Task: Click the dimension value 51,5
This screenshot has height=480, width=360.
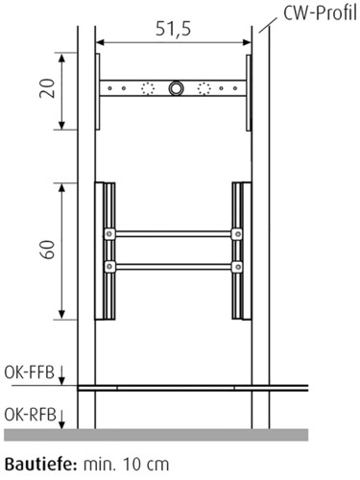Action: (173, 29)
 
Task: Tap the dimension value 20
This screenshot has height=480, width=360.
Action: (47, 88)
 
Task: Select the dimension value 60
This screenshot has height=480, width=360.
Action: (47, 250)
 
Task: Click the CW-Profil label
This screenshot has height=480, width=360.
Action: (320, 13)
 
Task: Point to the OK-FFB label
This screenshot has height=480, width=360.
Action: (29, 372)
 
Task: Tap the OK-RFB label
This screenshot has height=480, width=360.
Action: (30, 415)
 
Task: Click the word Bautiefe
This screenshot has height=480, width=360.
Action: (41, 465)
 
